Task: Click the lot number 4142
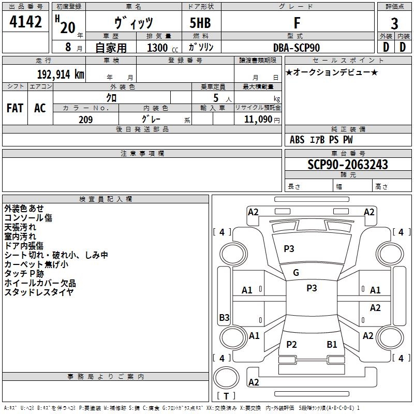(x=26, y=22)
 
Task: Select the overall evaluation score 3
(x=394, y=23)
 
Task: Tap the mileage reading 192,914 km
(x=61, y=73)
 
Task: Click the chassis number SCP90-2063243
(x=347, y=165)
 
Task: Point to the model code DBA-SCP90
(x=297, y=48)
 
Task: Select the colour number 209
(x=85, y=120)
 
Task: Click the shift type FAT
(x=15, y=108)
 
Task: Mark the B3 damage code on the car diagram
(x=224, y=318)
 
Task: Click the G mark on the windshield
(x=296, y=273)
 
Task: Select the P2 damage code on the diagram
(x=291, y=345)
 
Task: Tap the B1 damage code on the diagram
(x=332, y=345)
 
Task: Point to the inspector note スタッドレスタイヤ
(x=39, y=292)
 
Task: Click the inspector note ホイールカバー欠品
(x=40, y=283)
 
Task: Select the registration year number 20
(x=67, y=27)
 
